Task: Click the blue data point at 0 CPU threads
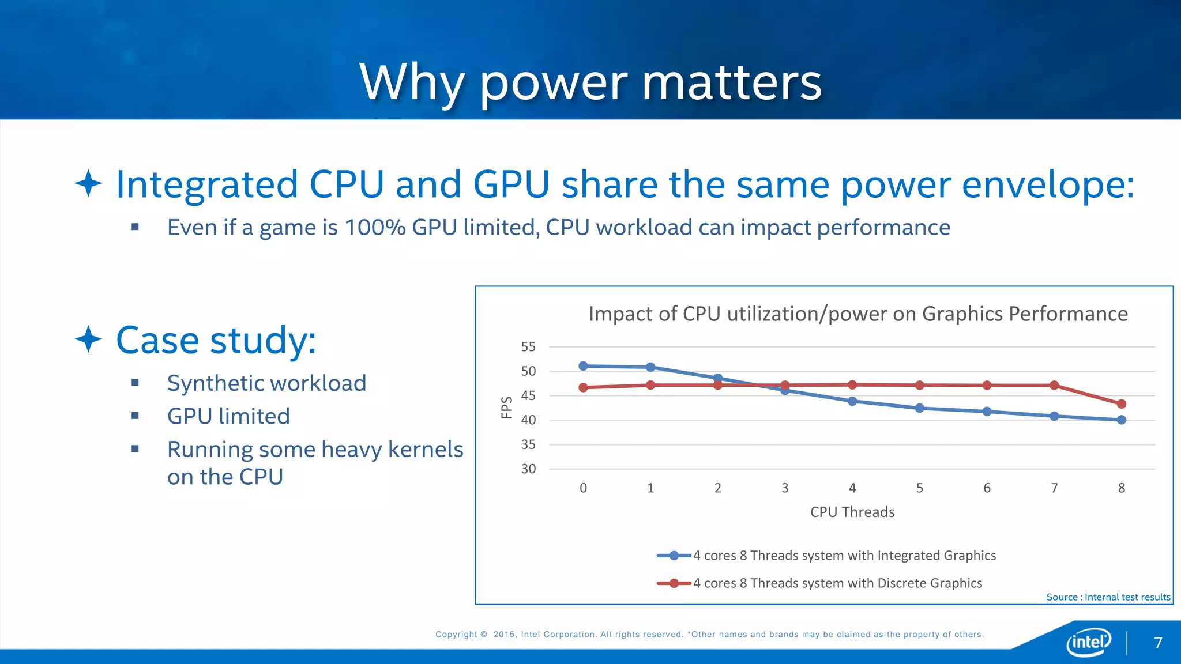(583, 366)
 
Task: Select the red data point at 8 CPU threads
(1121, 404)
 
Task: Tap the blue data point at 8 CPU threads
(1121, 420)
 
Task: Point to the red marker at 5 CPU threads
(919, 385)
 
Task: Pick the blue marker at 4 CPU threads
(852, 401)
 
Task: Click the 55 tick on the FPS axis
(528, 347)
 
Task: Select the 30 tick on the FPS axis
(528, 469)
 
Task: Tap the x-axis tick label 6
(987, 488)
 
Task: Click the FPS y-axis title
(507, 408)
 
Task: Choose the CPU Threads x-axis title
(852, 512)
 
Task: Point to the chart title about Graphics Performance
(858, 314)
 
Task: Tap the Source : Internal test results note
(1108, 597)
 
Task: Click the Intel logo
(1088, 642)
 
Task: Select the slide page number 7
(1158, 643)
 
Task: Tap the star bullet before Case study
(88, 339)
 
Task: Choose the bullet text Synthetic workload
(266, 383)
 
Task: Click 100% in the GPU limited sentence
(375, 228)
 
